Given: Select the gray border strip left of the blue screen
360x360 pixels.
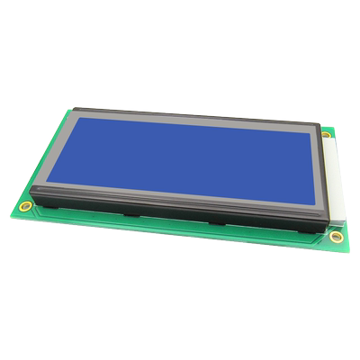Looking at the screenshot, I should (63, 144).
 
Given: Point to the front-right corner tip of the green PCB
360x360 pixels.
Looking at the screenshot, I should (347, 248).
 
